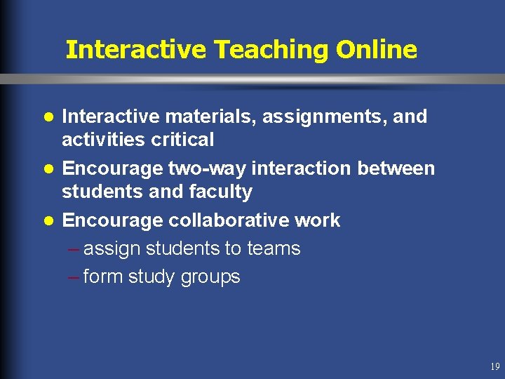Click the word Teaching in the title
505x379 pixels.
pyautogui.click(x=271, y=50)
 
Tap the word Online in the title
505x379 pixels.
pyautogui.click(x=377, y=50)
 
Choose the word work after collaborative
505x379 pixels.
pyautogui.click(x=317, y=220)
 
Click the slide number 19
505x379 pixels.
pyautogui.click(x=495, y=366)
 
